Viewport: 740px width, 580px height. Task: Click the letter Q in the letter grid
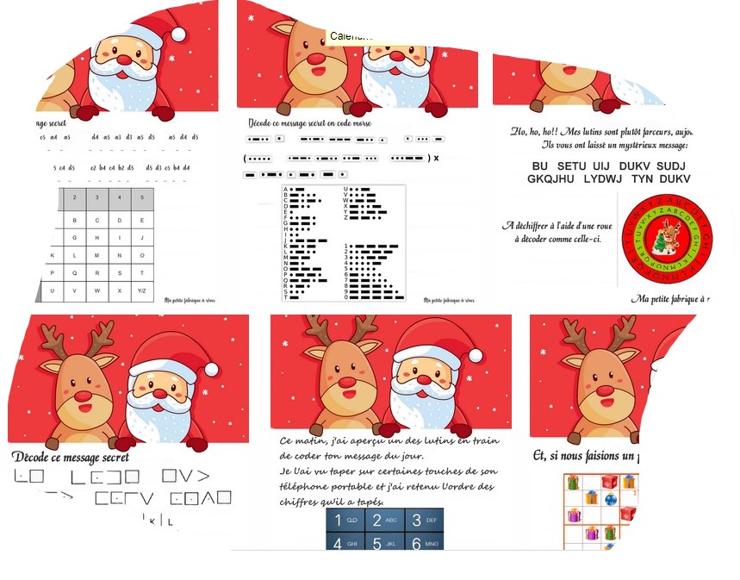pyautogui.click(x=75, y=273)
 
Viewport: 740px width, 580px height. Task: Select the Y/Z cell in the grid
pyautogui.click(x=141, y=290)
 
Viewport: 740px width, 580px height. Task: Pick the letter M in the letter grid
pyautogui.click(x=96, y=255)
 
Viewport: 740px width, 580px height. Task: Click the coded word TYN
pyautogui.click(x=641, y=179)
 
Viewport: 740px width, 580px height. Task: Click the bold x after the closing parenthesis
pyautogui.click(x=436, y=158)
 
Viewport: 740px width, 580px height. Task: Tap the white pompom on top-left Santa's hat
pyautogui.click(x=178, y=34)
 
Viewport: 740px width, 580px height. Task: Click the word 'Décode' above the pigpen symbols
pyautogui.click(x=34, y=457)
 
